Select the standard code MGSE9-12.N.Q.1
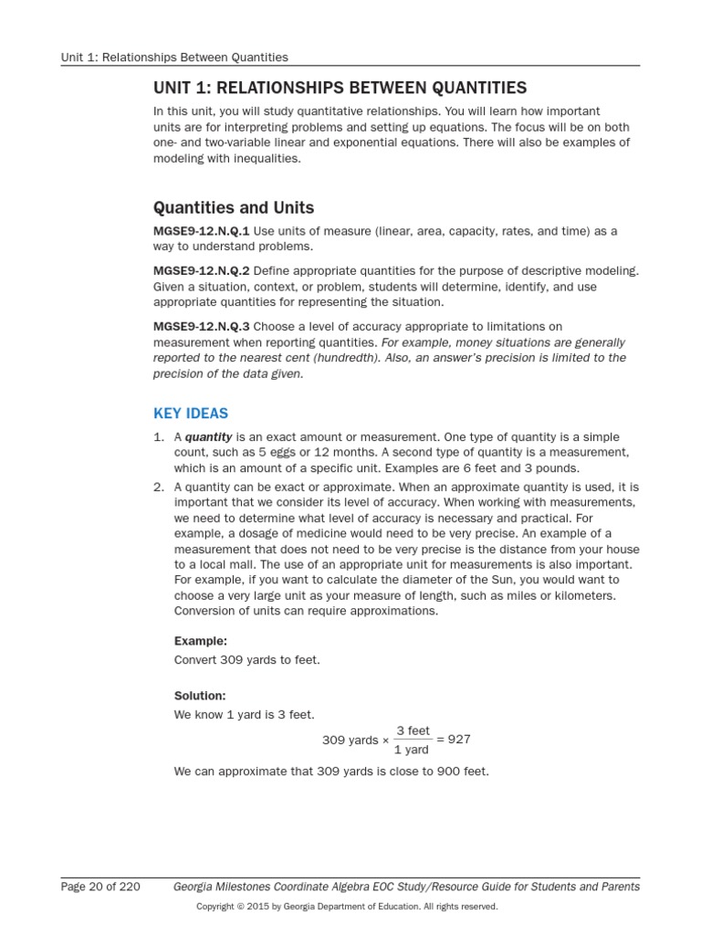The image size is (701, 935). coord(201,232)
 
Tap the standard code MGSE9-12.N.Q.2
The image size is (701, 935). coord(201,272)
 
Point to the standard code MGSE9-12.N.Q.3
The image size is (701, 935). coord(201,326)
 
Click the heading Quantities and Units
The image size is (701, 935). coord(234,208)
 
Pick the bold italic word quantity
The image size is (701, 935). coord(209,437)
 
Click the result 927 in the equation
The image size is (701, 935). coord(459,740)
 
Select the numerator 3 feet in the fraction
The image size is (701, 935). coord(413,730)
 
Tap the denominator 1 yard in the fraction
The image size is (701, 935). coord(411,750)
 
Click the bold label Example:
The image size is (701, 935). coord(201,641)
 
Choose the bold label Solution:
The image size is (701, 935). coord(200,696)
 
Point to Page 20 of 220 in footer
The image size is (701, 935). coord(100,886)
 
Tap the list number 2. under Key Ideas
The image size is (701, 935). coord(159,487)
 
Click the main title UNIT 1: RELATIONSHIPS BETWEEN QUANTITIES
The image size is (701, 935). coord(340,88)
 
